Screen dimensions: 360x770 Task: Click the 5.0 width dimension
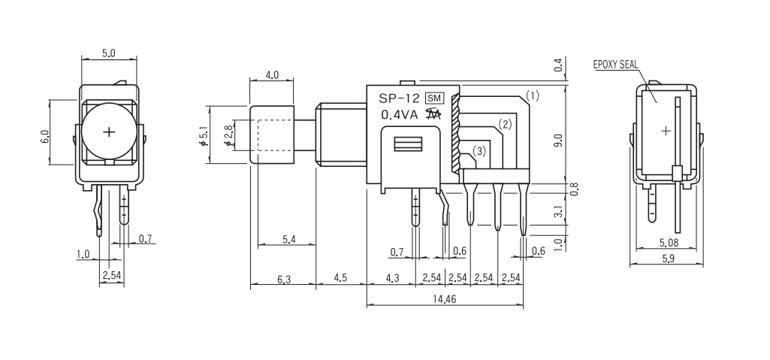[x=109, y=54]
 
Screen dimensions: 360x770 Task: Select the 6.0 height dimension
[x=45, y=138]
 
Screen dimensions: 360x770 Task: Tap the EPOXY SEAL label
[x=615, y=65]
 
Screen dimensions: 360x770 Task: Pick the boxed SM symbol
[x=434, y=98]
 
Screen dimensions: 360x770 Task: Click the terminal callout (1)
[x=532, y=96]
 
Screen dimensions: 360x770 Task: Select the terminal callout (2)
[x=505, y=124]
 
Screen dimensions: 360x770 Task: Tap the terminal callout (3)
[x=480, y=151]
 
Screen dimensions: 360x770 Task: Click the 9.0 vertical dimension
[x=557, y=140]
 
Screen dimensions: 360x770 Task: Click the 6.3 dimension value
[x=283, y=280]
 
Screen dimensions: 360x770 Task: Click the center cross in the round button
[x=110, y=132]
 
